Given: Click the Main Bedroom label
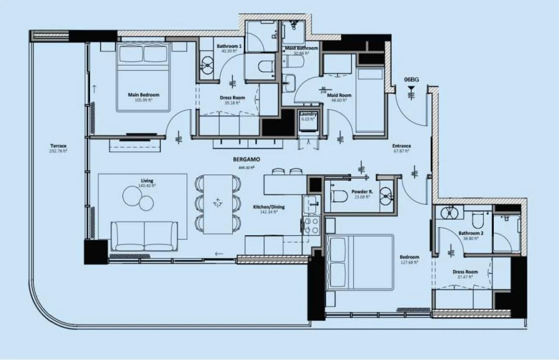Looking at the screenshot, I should tap(143, 95).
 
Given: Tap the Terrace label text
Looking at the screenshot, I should tap(59, 146).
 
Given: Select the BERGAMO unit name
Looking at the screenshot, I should tap(247, 160).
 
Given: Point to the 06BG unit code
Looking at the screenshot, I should tap(411, 79).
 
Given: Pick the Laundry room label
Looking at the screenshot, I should tap(309, 114).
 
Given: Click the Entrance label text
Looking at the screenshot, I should tap(402, 146).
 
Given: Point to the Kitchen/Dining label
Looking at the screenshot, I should tap(268, 207).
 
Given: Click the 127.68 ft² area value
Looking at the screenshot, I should tap(409, 263).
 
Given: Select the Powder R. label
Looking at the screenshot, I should tap(361, 192).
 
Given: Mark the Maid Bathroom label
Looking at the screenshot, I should tap(301, 48).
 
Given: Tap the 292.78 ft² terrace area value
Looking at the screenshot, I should tap(59, 151).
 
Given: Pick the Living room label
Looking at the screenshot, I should tap(147, 181).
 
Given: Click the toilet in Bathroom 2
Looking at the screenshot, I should tap(478, 218).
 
